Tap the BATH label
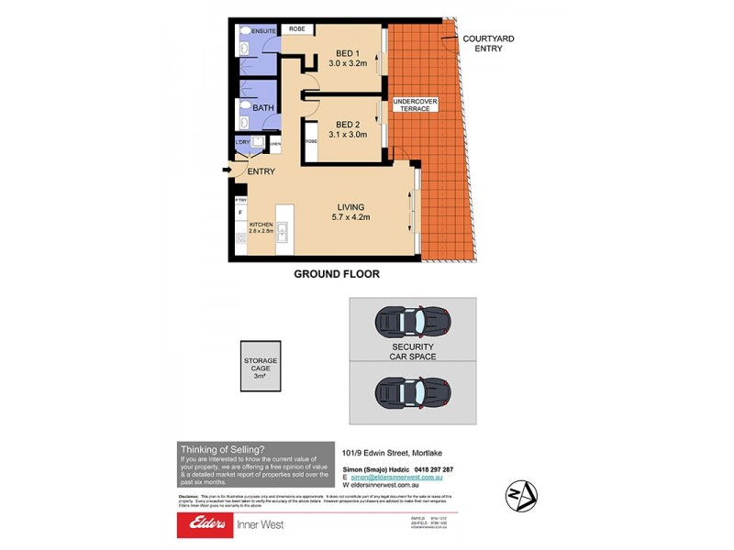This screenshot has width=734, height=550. [262, 108]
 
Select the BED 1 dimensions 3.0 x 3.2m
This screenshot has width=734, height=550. [347, 63]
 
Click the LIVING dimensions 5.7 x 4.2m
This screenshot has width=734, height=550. [357, 218]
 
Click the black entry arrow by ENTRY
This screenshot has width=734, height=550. [227, 169]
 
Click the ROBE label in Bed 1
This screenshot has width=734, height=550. [296, 29]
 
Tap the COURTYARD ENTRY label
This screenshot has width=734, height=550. [482, 43]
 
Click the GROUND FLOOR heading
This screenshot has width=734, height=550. [336, 274]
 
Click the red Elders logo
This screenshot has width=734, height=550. [211, 524]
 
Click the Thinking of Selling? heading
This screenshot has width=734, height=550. [222, 449]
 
